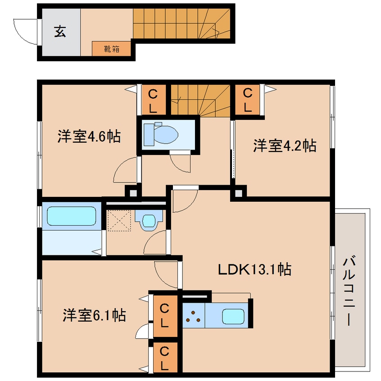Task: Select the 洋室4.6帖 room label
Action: (x=89, y=136)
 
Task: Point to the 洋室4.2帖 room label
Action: (x=284, y=145)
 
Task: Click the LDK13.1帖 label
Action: (x=254, y=270)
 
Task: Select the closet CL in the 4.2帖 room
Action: (x=247, y=100)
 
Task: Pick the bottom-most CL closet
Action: (x=165, y=358)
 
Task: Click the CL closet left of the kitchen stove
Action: (x=165, y=315)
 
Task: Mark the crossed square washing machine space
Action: (x=119, y=219)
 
